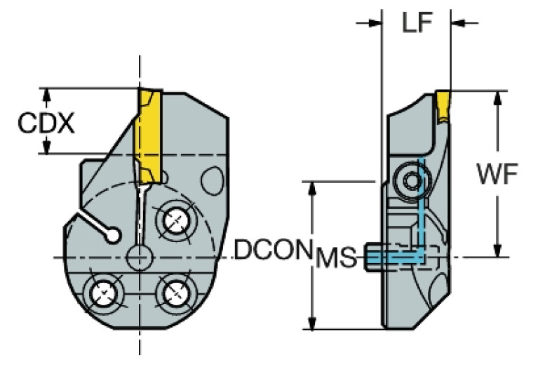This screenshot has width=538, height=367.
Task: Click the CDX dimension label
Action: [46, 124]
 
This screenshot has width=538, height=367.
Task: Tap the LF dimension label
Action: [417, 22]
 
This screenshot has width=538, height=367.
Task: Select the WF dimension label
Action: [497, 173]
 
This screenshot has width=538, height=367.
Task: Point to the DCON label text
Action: [272, 250]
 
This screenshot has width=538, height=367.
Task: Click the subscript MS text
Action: [336, 258]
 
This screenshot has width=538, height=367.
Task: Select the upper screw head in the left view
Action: [175, 221]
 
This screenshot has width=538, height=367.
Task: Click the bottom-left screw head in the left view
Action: [104, 293]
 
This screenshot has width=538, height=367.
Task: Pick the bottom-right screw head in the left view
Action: [175, 293]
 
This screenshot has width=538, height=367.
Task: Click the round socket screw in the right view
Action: [411, 180]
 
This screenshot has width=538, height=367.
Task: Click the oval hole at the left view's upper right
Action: [213, 181]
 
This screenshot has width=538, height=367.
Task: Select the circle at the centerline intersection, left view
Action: [140, 258]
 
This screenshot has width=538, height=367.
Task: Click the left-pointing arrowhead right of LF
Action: [457, 23]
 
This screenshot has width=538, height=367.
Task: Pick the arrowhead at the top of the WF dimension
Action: [497, 98]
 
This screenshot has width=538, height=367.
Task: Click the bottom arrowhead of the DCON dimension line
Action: [312, 323]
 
